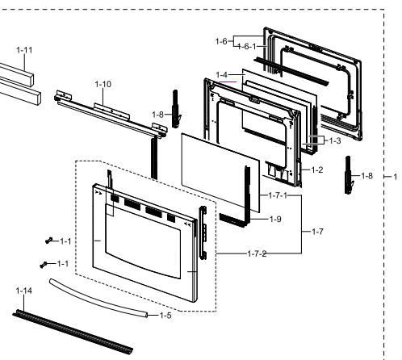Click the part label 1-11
pyautogui.click(x=25, y=50)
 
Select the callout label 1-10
pyautogui.click(x=103, y=84)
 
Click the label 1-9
pyautogui.click(x=274, y=219)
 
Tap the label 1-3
pyautogui.click(x=334, y=140)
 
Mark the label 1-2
pyautogui.click(x=317, y=171)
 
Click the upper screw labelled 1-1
pyautogui.click(x=48, y=241)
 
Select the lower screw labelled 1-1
pyautogui.click(x=44, y=264)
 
